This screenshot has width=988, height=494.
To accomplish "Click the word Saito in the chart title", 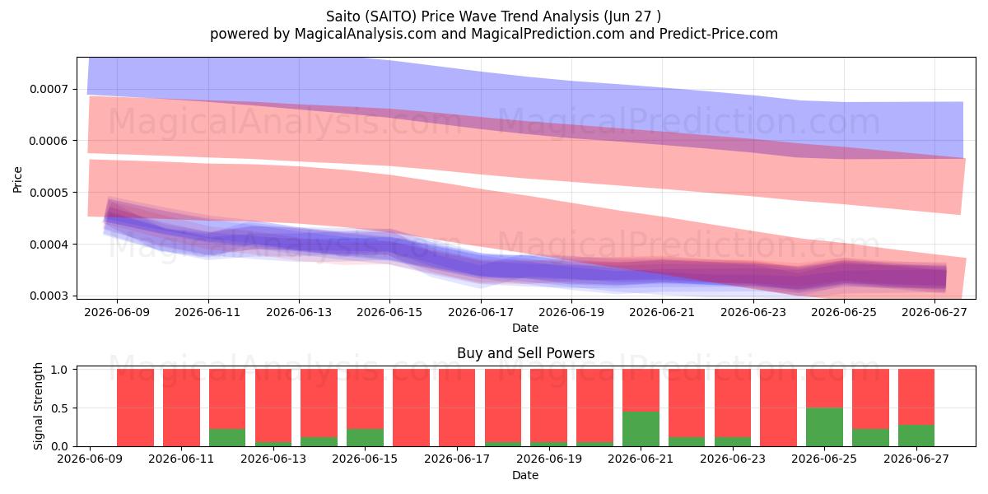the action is tap(342, 16).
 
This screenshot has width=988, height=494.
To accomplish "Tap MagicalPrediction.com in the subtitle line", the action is tap(548, 34).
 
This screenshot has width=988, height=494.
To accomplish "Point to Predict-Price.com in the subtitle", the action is tap(719, 34).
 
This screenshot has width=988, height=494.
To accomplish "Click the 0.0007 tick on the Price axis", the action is tap(49, 89).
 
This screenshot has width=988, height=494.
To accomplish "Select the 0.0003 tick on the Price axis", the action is tap(49, 296).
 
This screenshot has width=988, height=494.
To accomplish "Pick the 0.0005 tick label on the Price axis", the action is tap(49, 193).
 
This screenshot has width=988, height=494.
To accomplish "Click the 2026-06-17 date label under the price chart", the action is tap(481, 312).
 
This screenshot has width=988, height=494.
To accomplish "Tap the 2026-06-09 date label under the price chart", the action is tap(117, 312).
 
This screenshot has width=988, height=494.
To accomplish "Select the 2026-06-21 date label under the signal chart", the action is tap(641, 459).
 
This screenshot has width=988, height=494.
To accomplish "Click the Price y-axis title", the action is tap(17, 179).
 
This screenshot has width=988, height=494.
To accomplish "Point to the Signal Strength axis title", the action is tap(38, 406).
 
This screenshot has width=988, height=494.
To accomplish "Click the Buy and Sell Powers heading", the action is tap(526, 353).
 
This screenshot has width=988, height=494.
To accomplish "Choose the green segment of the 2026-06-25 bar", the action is tap(824, 427).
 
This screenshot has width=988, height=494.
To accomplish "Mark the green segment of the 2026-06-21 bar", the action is tap(641, 429).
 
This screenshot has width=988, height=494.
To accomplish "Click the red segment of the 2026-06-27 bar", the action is tap(916, 397).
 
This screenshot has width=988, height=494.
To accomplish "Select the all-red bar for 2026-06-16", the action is tap(411, 408).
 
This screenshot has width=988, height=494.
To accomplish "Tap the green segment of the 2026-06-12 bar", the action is tap(227, 437).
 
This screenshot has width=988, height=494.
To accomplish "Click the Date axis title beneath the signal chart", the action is tap(525, 475).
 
